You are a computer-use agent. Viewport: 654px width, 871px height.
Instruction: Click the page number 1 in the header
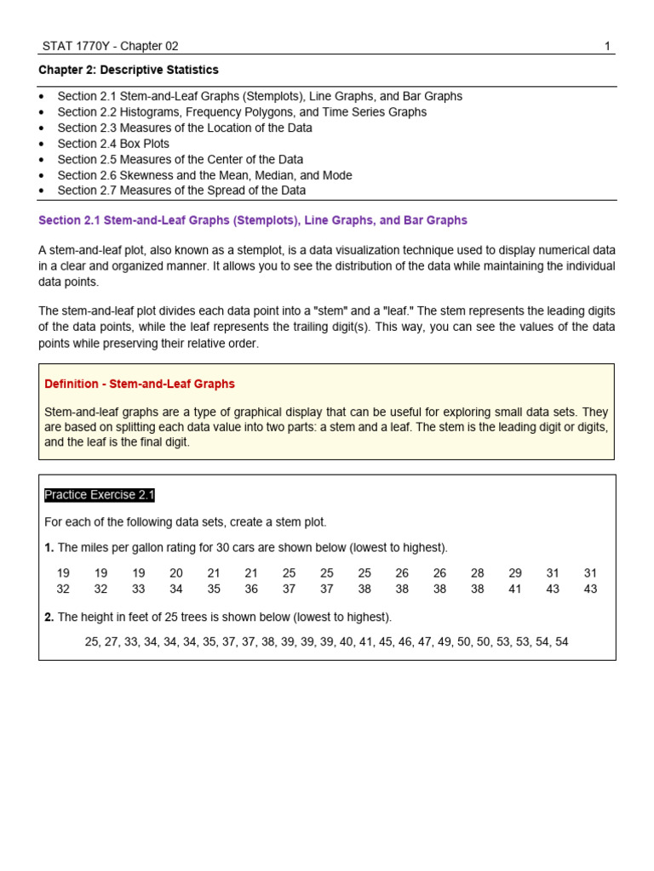pyautogui.click(x=607, y=46)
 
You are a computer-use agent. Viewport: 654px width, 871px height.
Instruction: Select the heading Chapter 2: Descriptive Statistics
pyautogui.click(x=129, y=70)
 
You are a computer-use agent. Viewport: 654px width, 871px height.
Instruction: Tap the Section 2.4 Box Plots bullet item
pyautogui.click(x=113, y=144)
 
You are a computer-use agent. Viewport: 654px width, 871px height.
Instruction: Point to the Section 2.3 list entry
pyautogui.click(x=184, y=128)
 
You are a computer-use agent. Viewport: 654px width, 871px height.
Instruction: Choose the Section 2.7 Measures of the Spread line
pyautogui.click(x=181, y=191)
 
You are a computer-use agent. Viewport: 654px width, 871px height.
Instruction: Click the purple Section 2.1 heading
pyautogui.click(x=253, y=220)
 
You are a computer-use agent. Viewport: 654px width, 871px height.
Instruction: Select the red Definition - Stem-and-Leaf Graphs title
pyautogui.click(x=140, y=384)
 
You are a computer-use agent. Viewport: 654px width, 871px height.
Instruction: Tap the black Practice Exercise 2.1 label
pyautogui.click(x=100, y=495)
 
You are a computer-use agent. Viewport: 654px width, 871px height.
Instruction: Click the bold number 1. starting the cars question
pyautogui.click(x=49, y=547)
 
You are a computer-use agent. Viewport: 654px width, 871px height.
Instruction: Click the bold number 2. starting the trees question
pyautogui.click(x=49, y=617)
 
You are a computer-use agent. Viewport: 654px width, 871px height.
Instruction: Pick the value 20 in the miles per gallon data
pyautogui.click(x=176, y=573)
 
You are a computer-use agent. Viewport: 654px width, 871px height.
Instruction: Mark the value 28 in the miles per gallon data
pyautogui.click(x=478, y=573)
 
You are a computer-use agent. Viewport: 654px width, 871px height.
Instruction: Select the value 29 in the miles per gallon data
pyautogui.click(x=515, y=573)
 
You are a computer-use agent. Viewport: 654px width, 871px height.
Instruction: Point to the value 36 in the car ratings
pyautogui.click(x=251, y=589)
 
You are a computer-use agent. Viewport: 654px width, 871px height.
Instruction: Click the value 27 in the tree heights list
pyautogui.click(x=112, y=641)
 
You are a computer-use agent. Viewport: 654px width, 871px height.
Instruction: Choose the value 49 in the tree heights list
pyautogui.click(x=445, y=641)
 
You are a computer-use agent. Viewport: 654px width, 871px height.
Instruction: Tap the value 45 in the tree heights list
pyautogui.click(x=386, y=641)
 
